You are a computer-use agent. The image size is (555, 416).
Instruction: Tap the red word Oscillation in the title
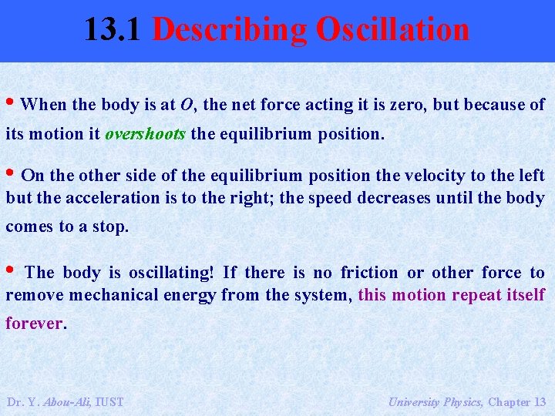392,30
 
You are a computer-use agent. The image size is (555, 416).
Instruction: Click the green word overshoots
145,133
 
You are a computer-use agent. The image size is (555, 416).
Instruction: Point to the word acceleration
113,197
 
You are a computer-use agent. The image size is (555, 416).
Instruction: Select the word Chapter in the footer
508,401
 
